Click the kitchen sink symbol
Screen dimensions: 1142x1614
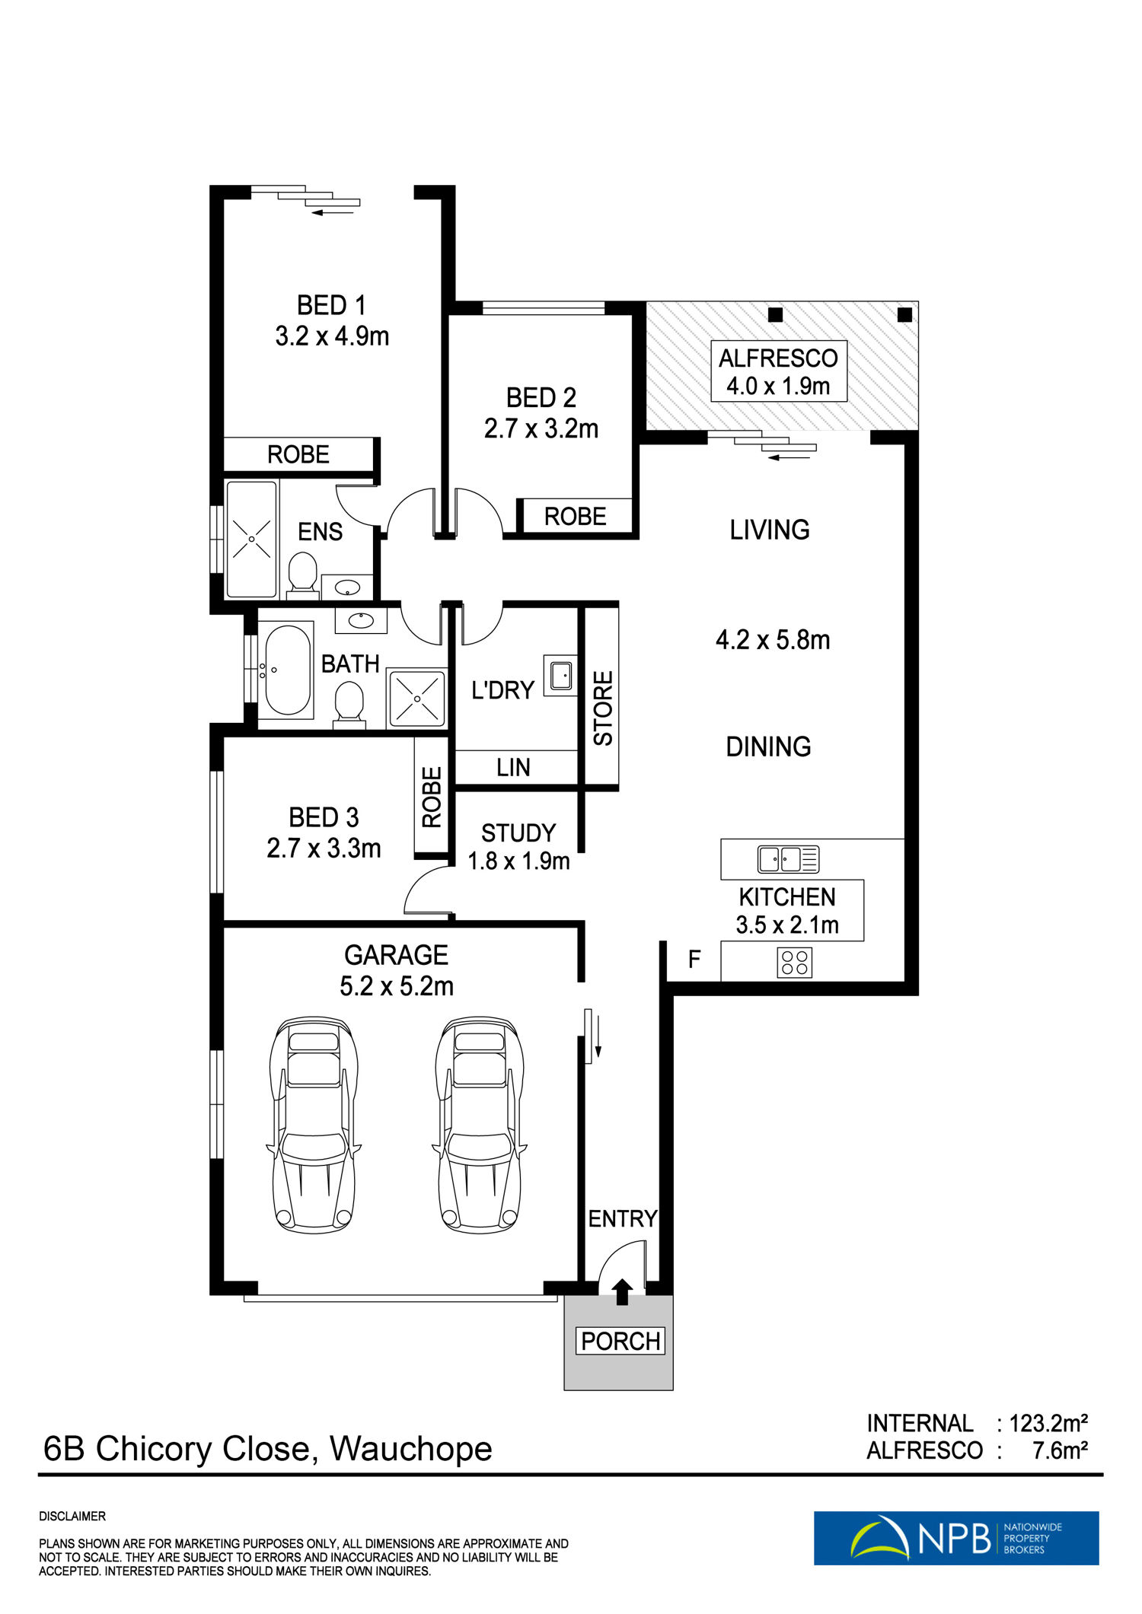tap(788, 859)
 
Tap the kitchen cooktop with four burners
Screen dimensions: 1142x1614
tap(794, 963)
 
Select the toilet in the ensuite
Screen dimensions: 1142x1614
tap(302, 571)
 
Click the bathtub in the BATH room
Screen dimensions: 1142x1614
tap(287, 670)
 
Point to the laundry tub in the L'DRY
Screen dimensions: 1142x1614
tap(560, 674)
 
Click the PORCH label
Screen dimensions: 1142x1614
tap(620, 1340)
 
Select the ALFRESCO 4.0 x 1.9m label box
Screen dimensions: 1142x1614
tap(779, 371)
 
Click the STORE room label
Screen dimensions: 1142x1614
tap(603, 708)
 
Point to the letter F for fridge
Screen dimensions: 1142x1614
tap(694, 960)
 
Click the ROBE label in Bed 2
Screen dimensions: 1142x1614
tap(575, 517)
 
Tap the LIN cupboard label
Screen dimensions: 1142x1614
tap(513, 768)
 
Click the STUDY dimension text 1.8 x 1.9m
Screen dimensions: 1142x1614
tap(518, 861)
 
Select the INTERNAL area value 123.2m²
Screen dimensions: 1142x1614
tap(1048, 1422)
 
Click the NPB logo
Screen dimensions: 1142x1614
tap(956, 1538)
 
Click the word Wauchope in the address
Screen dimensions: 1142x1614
tap(411, 1449)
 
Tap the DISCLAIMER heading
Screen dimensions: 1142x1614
tap(72, 1517)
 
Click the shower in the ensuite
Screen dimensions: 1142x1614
tap(251, 539)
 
